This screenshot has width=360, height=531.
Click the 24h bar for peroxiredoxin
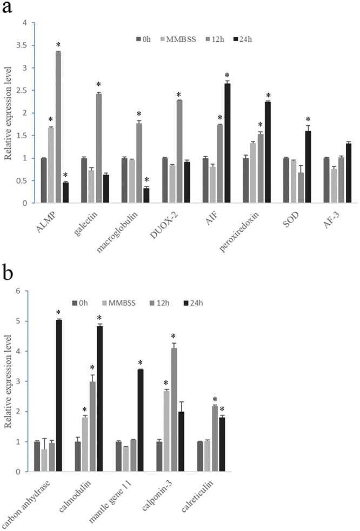[268, 152]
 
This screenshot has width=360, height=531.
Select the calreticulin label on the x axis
[190, 499]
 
